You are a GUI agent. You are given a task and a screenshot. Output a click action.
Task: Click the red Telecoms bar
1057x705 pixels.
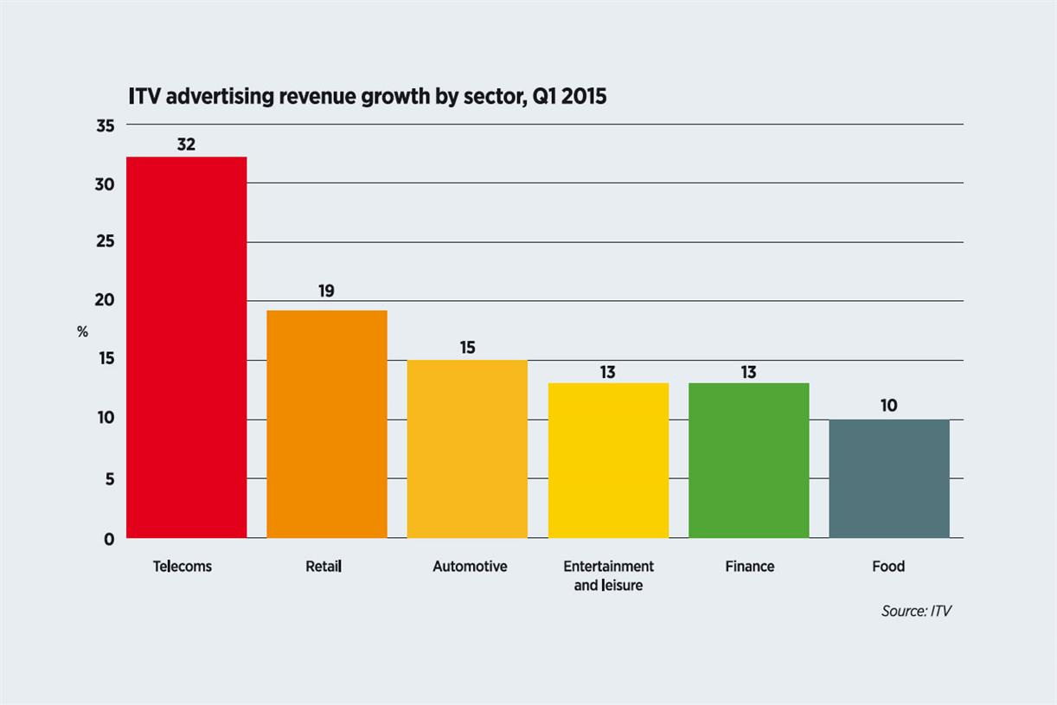(187, 347)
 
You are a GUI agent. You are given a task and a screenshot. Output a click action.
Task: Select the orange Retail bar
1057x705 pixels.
(327, 424)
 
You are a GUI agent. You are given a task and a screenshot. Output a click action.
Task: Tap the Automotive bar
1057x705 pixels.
(467, 448)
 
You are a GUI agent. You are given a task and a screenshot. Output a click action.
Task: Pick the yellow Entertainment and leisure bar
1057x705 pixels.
(608, 460)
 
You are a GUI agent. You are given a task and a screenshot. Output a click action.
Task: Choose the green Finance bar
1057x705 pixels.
(749, 460)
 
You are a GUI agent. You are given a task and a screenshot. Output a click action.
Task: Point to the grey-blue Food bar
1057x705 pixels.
(889, 478)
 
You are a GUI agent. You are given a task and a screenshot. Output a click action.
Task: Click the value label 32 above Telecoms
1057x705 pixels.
(186, 144)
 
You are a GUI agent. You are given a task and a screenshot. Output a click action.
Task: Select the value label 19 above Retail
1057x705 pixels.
(326, 292)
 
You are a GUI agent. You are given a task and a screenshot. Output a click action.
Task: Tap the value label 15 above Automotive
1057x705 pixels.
(467, 348)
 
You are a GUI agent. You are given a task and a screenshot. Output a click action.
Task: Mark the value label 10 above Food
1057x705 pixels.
(888, 405)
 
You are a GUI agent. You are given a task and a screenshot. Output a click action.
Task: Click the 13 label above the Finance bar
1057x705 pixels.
(748, 372)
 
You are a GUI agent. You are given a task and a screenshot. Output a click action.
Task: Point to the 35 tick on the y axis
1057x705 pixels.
(104, 126)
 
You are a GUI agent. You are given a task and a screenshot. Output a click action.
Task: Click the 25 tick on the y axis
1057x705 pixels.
(104, 241)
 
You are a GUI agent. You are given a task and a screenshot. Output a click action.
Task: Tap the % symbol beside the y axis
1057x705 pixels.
(82, 332)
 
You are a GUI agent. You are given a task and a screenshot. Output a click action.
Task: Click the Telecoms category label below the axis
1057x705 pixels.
(183, 567)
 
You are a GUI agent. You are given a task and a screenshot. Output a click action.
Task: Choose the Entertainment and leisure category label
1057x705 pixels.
(608, 576)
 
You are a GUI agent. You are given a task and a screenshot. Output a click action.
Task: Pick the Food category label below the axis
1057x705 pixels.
(888, 567)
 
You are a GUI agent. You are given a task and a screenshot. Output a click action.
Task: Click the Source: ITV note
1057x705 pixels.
(916, 611)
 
